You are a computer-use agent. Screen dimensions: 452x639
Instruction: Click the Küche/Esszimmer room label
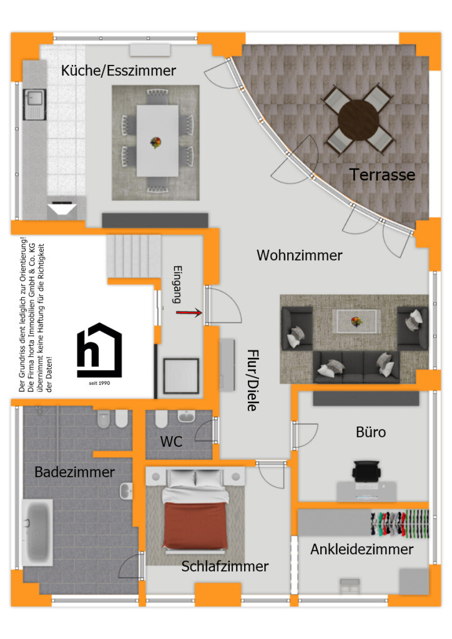coord(118,71)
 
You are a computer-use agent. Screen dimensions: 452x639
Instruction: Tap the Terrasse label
coord(382,175)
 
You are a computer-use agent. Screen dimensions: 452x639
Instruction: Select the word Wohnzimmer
coord(300,255)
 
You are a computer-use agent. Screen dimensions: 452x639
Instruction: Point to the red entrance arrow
coord(189,313)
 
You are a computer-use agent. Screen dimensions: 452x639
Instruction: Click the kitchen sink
coord(34,105)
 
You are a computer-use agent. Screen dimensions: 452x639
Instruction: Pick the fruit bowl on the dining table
coord(155,143)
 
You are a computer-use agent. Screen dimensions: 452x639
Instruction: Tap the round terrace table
coord(358,120)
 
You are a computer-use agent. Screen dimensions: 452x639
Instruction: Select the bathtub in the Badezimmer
coord(37,533)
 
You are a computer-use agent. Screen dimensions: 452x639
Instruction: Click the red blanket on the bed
coord(195,525)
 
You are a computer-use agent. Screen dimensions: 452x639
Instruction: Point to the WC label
coord(171,442)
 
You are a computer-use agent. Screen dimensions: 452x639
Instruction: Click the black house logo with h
coord(99,350)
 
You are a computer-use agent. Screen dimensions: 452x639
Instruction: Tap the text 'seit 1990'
coord(99,383)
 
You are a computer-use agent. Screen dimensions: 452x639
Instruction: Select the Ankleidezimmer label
coord(362,549)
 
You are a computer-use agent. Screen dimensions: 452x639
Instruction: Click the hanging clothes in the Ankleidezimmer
coord(400,523)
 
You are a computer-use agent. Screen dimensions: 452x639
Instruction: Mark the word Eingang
coord(177,285)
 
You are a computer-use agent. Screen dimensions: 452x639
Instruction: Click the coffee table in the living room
coord(356,321)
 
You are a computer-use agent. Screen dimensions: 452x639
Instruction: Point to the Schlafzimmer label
coord(225,567)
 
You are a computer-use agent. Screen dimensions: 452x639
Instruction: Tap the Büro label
coord(371,432)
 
